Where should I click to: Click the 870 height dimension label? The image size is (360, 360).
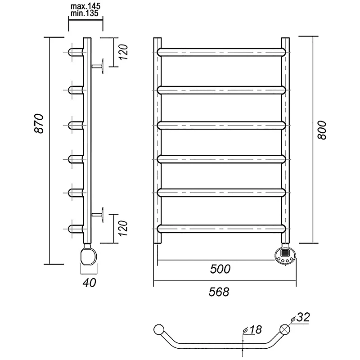coord(39,123)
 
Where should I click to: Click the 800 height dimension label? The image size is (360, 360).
coord(322,130)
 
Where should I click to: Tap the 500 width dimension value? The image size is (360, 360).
coord(220,269)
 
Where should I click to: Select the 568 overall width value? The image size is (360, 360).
coord(219,292)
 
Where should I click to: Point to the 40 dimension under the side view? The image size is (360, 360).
coord(89,283)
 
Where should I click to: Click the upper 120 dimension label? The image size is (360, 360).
coord(123,52)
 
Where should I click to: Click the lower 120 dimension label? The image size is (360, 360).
coord(123,229)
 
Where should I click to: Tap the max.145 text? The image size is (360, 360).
coord(85,6)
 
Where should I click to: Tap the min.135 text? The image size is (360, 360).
coord(85,13)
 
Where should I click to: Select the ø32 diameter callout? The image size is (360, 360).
coord(300,318)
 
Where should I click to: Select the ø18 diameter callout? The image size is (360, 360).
coord(252,330)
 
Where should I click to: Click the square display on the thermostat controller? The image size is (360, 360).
coord(285,253)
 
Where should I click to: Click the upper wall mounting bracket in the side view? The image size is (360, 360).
coord(98,66)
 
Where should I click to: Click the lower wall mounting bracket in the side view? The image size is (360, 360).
coord(98,215)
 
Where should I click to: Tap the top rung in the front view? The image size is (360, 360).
coord(221,52)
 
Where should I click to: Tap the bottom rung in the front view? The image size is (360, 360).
coord(221,229)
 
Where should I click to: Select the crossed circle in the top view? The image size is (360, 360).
coord(285,329)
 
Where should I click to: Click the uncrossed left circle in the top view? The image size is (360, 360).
coord(159,329)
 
